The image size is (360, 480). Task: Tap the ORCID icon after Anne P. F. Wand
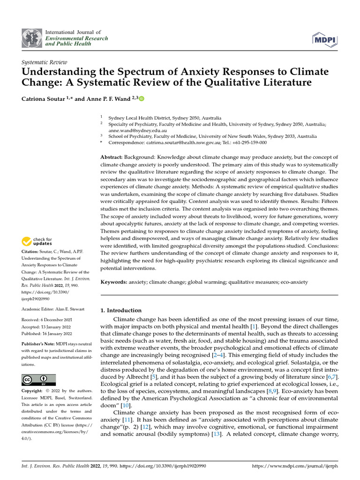142,98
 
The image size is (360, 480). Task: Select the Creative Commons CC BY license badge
39,380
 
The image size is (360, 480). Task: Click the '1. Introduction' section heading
121,310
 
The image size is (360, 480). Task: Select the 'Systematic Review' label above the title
45,62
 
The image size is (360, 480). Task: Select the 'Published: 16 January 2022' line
47,334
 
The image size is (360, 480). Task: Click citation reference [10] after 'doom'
126,405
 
